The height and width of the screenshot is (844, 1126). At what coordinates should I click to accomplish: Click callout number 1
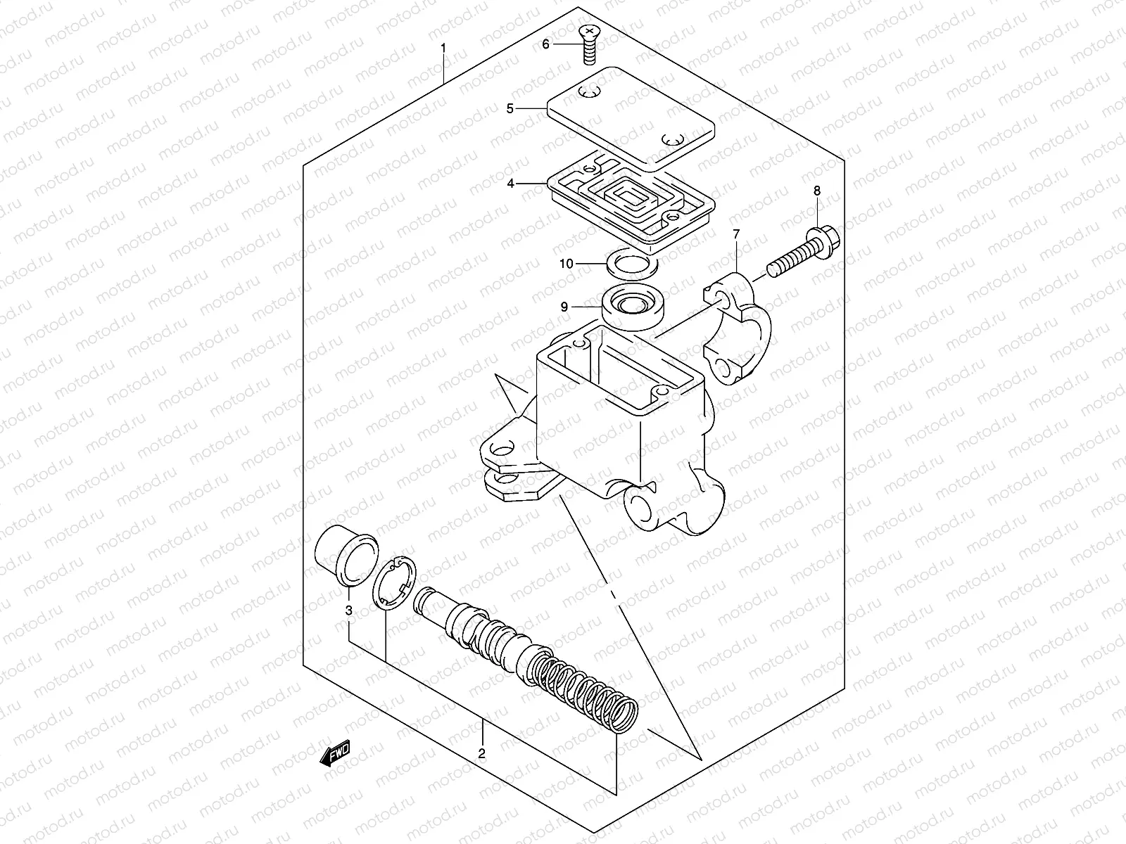pos(443,48)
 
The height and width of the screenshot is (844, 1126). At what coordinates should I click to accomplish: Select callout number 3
pos(349,610)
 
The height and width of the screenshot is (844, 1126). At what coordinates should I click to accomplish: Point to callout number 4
pos(510,184)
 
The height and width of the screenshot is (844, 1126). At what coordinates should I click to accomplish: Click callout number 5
pos(510,108)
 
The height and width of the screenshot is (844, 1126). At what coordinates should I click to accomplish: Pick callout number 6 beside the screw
pos(545,44)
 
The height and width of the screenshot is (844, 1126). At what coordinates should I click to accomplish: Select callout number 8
pos(817,191)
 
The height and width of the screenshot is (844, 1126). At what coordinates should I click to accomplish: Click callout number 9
pos(564,307)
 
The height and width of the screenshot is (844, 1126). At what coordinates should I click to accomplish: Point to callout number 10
pos(567,264)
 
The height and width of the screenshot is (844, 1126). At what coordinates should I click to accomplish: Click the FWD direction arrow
pos(335,753)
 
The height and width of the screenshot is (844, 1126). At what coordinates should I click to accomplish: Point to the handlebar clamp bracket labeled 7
pos(739,331)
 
